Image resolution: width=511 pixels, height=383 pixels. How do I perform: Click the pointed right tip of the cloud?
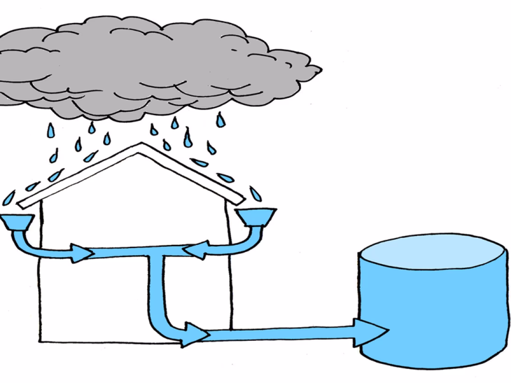(320, 70)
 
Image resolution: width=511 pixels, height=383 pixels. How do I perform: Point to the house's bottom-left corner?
(39, 341)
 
